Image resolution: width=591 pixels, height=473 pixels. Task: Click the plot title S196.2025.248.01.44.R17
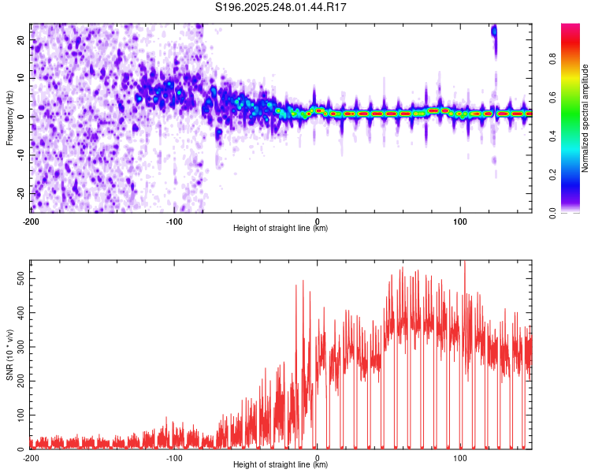(281, 7)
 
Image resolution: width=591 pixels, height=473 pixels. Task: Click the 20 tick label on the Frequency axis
(21, 39)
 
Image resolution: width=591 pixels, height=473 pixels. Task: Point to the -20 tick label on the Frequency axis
(20, 193)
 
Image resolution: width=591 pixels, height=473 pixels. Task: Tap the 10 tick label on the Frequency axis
(21, 78)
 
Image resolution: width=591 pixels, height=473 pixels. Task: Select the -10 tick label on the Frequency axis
(20, 155)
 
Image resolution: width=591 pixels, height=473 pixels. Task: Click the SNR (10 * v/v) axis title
(9, 354)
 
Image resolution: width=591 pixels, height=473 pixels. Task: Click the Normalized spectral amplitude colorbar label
(585, 118)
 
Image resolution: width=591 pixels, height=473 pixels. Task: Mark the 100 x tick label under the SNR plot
(459, 458)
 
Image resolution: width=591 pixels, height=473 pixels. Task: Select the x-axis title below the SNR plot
(281, 466)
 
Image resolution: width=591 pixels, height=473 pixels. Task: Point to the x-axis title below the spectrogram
(281, 229)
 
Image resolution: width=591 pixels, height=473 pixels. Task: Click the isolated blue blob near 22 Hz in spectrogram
(494, 32)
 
